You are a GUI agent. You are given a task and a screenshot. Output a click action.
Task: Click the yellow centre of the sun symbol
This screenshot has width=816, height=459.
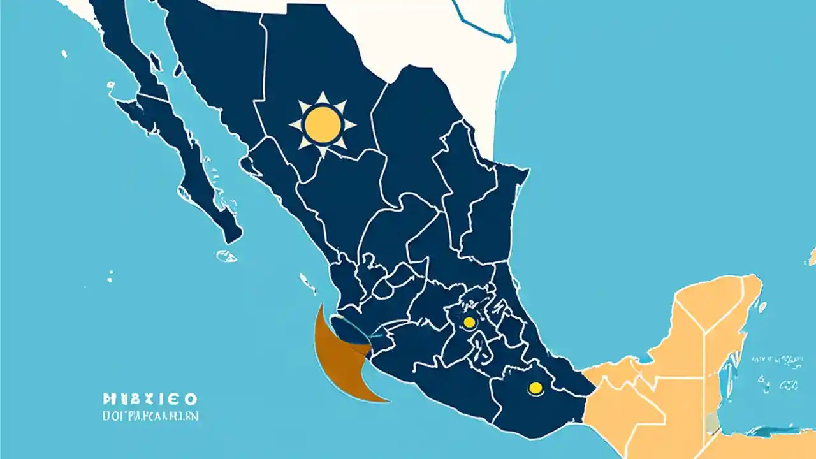coord(323,124)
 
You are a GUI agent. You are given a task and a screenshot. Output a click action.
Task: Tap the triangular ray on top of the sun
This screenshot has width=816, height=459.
coord(323,98)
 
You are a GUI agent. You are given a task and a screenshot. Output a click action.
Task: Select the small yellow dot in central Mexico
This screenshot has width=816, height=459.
coord(469,323)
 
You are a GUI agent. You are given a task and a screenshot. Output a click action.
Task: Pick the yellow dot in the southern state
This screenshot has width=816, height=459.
coord(535,387)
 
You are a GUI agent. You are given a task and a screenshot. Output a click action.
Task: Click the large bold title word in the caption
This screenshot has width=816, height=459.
coord(150,400)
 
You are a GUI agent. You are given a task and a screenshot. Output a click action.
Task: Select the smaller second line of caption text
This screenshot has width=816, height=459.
coord(150,416)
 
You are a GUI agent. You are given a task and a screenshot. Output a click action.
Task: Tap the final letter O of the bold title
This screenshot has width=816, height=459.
coord(190,400)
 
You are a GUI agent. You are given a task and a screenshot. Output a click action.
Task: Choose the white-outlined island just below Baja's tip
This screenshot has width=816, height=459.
coord(226,256)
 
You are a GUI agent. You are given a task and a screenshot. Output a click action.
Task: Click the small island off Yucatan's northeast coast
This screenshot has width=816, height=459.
coord(762,307)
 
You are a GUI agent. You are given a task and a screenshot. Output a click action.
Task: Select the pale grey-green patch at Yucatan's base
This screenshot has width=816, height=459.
coord(712,421)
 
